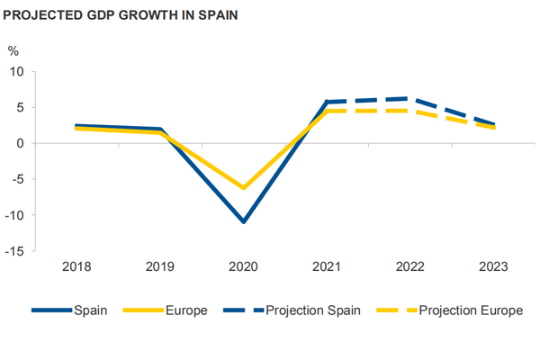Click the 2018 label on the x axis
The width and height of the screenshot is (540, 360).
coord(76,267)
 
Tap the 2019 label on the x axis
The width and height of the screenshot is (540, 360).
coord(160,267)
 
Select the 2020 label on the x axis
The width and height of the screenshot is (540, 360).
coord(243,267)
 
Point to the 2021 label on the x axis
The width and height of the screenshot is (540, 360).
coord(327,267)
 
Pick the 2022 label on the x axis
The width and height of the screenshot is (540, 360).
coord(410,267)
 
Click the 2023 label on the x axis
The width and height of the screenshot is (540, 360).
coord(494,267)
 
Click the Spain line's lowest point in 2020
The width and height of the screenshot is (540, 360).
coord(243,220)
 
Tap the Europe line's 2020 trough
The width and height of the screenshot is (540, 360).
coord(243,188)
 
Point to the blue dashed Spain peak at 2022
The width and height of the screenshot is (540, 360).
coord(410,99)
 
